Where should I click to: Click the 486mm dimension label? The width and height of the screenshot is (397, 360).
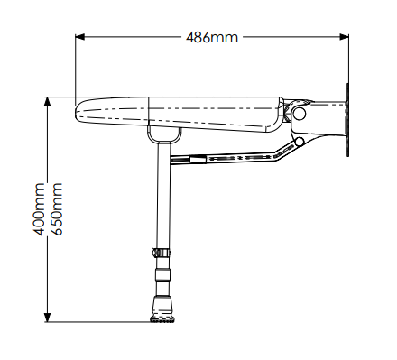[x=212, y=38]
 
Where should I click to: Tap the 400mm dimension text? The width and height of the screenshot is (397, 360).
[x=39, y=209]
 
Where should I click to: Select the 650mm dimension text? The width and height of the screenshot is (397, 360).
[x=56, y=209]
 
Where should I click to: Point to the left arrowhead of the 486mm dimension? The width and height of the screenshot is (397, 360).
[x=79, y=37]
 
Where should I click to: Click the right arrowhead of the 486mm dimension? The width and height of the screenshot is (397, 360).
[x=344, y=37]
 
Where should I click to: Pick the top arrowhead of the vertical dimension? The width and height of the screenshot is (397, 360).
[x=47, y=102]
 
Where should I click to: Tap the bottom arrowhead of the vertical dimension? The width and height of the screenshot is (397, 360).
[x=47, y=318]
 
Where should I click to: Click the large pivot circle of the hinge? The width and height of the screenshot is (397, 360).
[x=299, y=114]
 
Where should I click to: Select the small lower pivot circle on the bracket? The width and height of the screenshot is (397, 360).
[x=300, y=142]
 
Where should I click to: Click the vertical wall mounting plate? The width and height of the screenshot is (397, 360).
[x=347, y=120]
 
